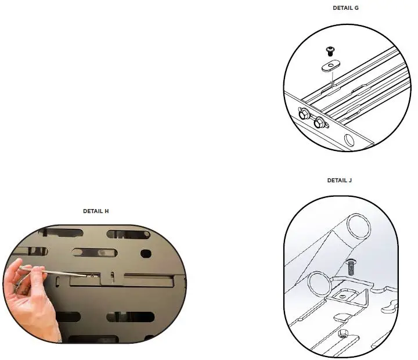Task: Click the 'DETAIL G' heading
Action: tap(345, 8)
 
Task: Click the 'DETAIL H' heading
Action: tap(96, 211)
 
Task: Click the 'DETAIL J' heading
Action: tap(340, 181)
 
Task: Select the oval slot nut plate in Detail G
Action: tap(330, 67)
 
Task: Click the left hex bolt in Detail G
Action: tap(303, 114)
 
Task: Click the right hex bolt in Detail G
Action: tap(318, 123)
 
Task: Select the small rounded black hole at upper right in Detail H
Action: tap(146, 253)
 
